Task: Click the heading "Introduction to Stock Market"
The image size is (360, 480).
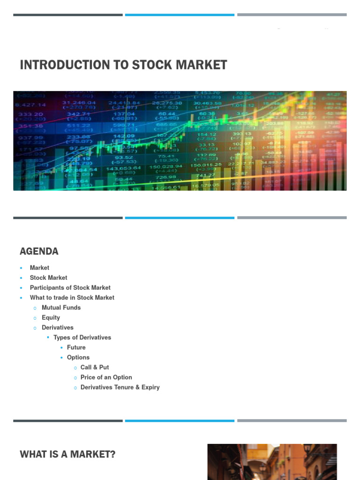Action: click(x=123, y=65)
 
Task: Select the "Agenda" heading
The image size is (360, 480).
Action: click(x=39, y=251)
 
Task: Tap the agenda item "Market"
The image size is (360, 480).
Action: click(x=39, y=268)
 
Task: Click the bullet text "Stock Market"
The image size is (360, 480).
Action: click(x=48, y=277)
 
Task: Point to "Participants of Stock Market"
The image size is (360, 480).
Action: click(x=70, y=288)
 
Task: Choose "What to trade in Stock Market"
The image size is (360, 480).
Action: click(x=72, y=298)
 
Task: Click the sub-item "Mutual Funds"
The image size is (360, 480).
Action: click(x=61, y=307)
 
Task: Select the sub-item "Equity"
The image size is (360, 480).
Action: click(x=51, y=317)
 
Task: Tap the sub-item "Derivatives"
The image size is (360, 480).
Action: click(x=58, y=328)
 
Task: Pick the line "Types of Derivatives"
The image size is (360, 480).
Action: click(x=82, y=337)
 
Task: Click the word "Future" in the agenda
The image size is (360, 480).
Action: click(x=76, y=347)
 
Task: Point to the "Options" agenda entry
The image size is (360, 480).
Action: click(x=78, y=357)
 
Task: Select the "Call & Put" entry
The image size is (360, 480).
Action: click(x=95, y=367)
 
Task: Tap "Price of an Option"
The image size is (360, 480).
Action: click(x=106, y=377)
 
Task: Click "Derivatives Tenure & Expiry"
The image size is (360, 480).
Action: click(x=120, y=387)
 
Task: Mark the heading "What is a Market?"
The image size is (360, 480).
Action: click(x=67, y=454)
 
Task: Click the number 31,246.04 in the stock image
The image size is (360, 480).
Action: click(x=79, y=103)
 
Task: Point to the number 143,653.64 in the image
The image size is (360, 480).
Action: click(x=123, y=168)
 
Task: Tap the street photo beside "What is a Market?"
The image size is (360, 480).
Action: click(x=272, y=462)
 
